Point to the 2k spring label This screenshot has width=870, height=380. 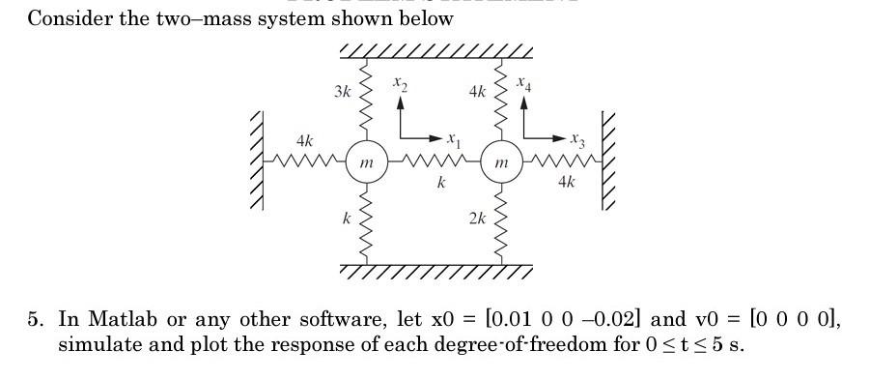[477, 219]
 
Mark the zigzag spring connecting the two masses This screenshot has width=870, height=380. [433, 161]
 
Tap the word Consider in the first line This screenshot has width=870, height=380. [66, 18]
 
